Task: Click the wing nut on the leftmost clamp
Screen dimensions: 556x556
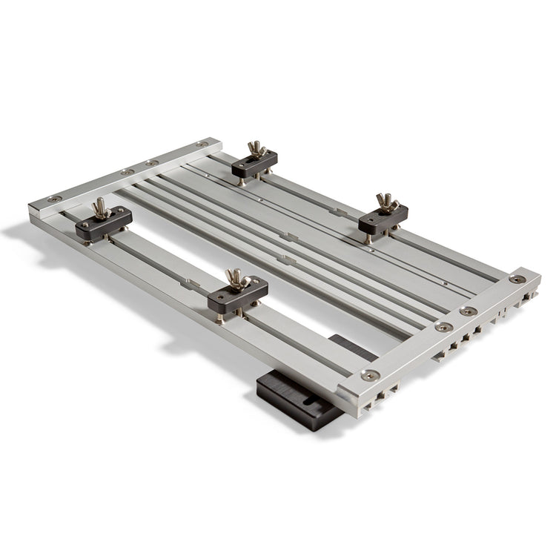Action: pyautogui.click(x=102, y=208)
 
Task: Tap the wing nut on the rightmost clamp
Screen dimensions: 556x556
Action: pyautogui.click(x=386, y=202)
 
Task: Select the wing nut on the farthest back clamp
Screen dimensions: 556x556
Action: pyautogui.click(x=257, y=150)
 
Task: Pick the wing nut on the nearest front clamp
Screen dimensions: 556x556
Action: pyautogui.click(x=236, y=279)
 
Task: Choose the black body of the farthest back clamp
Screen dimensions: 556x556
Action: pyautogui.click(x=254, y=165)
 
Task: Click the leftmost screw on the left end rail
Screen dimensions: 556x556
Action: pyautogui.click(x=54, y=199)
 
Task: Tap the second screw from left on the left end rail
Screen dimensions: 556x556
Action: pyautogui.click(x=128, y=171)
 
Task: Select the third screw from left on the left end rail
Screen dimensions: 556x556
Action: pyautogui.click(x=152, y=162)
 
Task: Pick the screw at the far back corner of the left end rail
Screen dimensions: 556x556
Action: pyautogui.click(x=202, y=143)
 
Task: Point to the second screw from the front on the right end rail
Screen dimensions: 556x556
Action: pyautogui.click(x=443, y=327)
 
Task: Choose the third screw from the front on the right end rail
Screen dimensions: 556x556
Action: pyautogui.click(x=468, y=311)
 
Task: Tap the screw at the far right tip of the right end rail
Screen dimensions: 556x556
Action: pyautogui.click(x=517, y=279)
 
